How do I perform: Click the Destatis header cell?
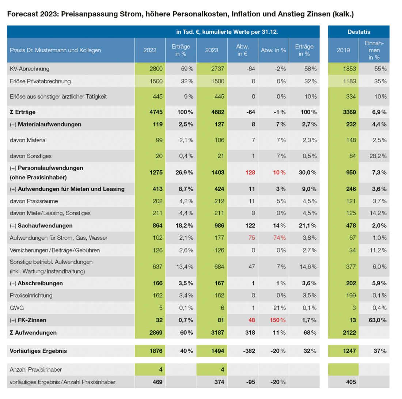point(359,32)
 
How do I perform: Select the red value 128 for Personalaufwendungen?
point(250,172)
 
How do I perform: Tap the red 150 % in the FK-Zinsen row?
point(277,320)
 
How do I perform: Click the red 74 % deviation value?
point(280,238)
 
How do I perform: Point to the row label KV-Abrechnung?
point(30,69)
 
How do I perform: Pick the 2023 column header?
point(212,50)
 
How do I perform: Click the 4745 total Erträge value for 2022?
point(156,112)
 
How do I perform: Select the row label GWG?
point(17,308)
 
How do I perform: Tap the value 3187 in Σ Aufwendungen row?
point(217,332)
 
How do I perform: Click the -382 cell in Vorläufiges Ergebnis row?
point(249,351)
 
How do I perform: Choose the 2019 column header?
point(343,50)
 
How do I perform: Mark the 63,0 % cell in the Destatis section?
point(378,320)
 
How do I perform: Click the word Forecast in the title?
point(23,14)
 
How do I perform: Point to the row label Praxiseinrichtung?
point(31,296)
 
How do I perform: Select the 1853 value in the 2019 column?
point(349,69)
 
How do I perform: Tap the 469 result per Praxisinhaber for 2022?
point(158,382)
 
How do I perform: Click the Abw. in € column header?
point(243,50)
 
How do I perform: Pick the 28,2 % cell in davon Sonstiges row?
point(378,156)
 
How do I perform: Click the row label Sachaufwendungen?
point(45,225)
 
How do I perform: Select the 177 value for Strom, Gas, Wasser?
point(219,238)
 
